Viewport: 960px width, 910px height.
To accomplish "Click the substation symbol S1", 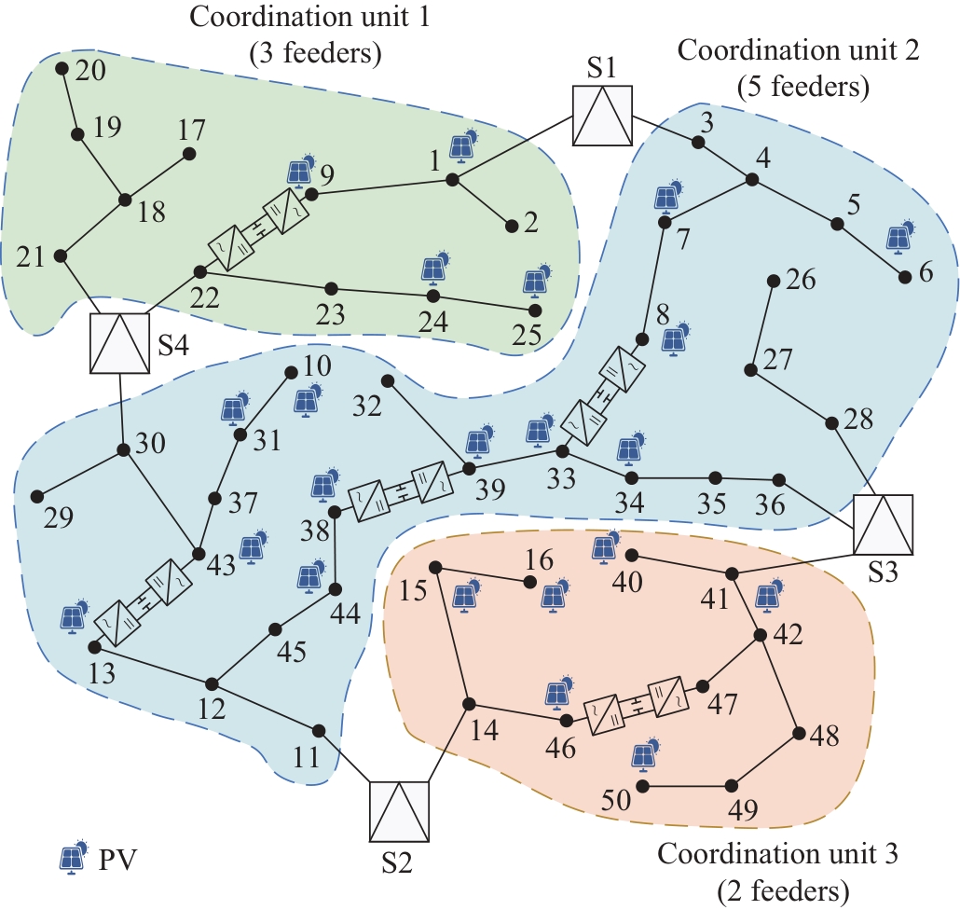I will (602, 117).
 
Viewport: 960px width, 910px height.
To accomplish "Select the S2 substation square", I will (399, 811).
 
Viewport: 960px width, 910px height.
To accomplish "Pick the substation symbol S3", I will (883, 524).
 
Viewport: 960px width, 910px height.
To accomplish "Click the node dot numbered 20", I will (62, 69).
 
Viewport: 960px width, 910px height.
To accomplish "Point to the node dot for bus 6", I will (903, 277).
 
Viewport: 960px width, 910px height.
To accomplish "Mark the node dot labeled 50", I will (642, 786).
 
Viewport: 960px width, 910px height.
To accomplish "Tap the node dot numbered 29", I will (37, 496).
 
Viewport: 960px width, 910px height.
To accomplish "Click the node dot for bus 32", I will (388, 380).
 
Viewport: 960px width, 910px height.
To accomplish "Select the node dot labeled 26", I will (773, 281).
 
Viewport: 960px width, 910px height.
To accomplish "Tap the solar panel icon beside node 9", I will (300, 171).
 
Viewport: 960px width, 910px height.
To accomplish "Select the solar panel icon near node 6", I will (900, 236).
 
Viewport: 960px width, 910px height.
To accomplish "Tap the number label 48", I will (825, 738).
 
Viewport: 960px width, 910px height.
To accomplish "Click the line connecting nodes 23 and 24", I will (382, 292).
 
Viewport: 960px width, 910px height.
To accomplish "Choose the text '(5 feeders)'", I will (802, 88).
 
